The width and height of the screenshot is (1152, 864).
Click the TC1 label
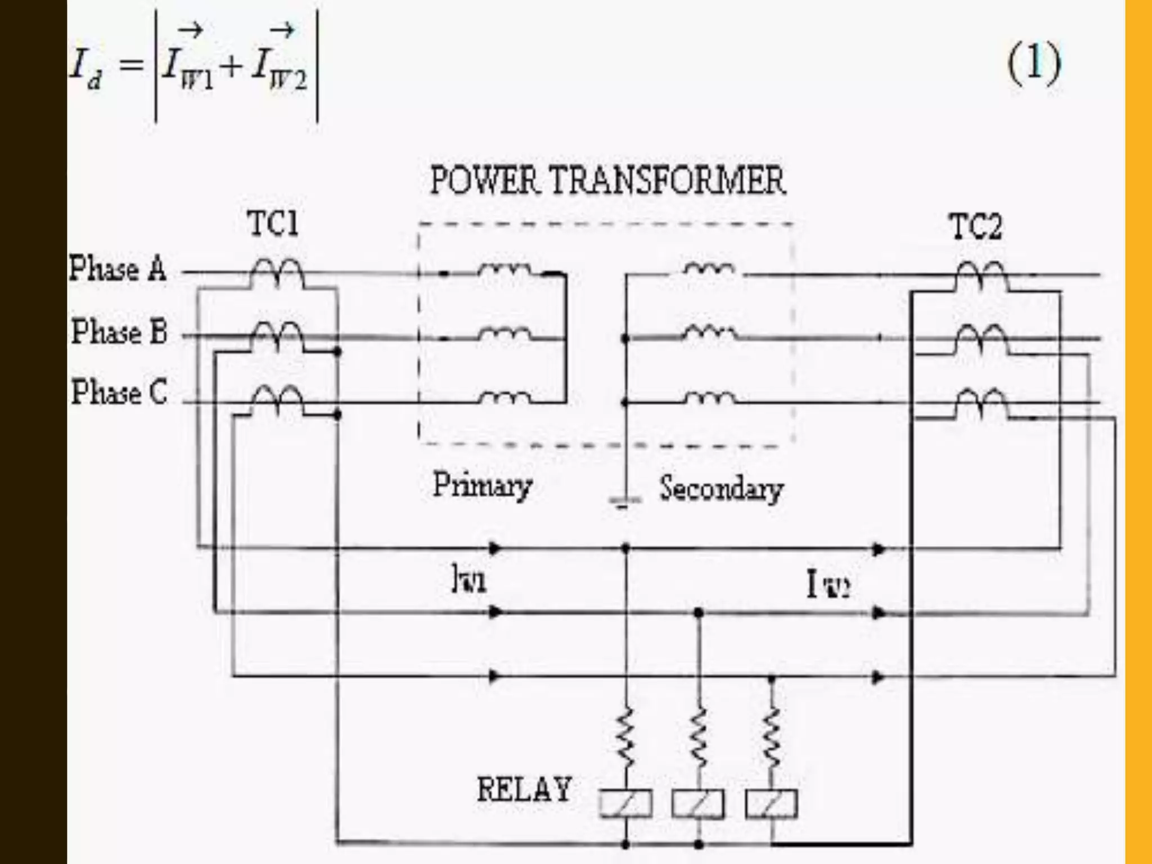[273, 224]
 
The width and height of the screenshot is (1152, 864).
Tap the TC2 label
[976, 227]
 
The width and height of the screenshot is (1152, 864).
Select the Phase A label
[118, 268]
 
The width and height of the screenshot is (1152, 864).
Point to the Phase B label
[119, 331]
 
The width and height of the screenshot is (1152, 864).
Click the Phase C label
[119, 392]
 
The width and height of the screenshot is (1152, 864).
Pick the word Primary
[482, 485]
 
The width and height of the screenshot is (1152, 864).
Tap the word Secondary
[721, 488]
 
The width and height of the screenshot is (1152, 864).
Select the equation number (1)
[1034, 64]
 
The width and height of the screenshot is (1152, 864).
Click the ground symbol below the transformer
[625, 501]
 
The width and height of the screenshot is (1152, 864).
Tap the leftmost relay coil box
[625, 803]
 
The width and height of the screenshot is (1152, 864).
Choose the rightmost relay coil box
[771, 803]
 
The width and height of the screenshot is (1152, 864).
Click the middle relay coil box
[698, 803]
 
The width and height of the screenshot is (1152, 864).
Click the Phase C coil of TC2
[982, 400]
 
